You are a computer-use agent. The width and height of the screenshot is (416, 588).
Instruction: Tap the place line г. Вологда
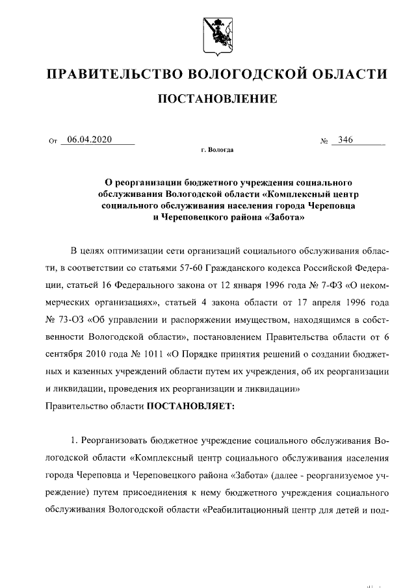(x=218, y=151)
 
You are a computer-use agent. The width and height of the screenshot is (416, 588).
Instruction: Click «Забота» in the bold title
(x=281, y=217)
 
